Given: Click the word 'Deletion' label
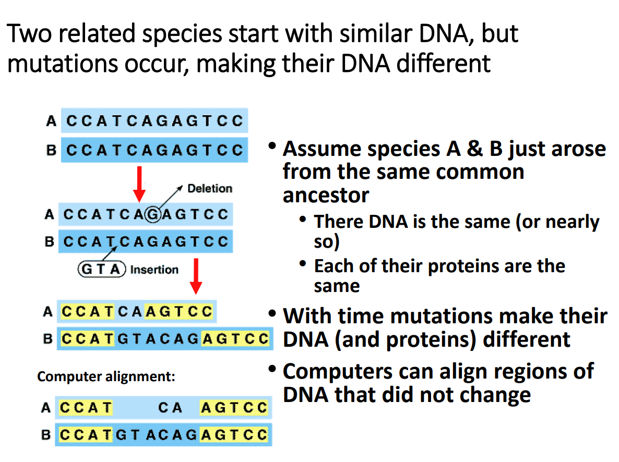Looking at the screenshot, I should click(x=210, y=188).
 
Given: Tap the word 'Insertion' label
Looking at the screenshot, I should click(x=154, y=270).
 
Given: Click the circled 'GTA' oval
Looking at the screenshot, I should click(x=102, y=270).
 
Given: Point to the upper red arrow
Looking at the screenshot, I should click(x=139, y=184).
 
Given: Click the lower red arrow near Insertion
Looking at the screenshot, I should click(x=196, y=276).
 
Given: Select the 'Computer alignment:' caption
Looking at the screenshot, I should click(x=106, y=376).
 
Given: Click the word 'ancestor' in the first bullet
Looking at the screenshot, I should click(x=326, y=194).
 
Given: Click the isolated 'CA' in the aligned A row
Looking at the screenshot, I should click(x=170, y=408).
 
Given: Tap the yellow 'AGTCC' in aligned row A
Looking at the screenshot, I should click(x=234, y=408).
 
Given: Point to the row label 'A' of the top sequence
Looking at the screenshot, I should click(x=51, y=121).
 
